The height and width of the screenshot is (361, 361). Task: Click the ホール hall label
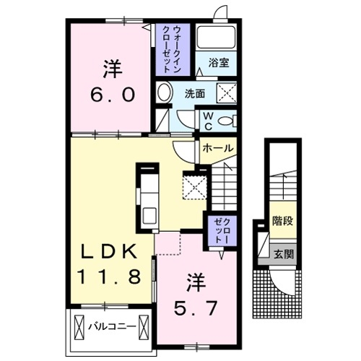(x=218, y=148)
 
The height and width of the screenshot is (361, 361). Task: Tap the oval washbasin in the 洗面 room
(x=165, y=93)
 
